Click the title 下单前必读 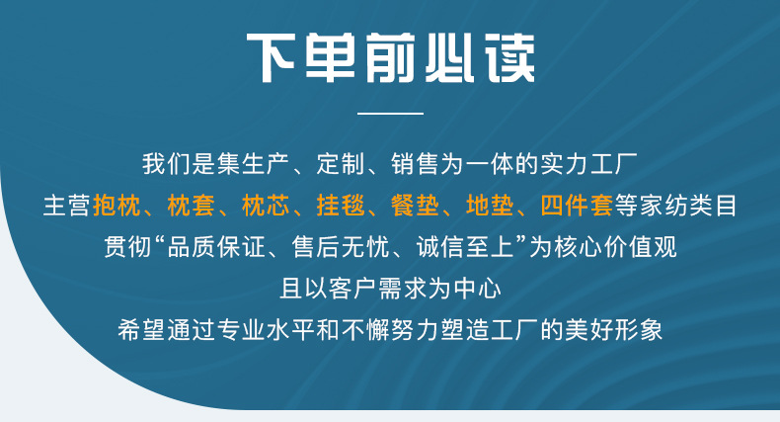click(x=391, y=58)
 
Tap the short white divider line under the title click(x=391, y=114)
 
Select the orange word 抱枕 click(x=117, y=206)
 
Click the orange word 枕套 click(x=191, y=206)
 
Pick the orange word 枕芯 click(x=266, y=206)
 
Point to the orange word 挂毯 click(x=341, y=206)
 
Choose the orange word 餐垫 click(x=416, y=206)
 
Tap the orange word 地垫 click(x=490, y=206)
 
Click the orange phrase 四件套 click(x=577, y=206)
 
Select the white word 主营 click(x=67, y=206)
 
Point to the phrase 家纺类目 click(x=688, y=206)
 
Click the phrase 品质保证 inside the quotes click(x=216, y=247)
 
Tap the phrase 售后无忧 click(x=341, y=247)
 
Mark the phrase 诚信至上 click(x=465, y=247)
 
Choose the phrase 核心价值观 click(x=616, y=247)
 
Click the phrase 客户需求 click(x=378, y=289)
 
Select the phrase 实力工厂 click(x=589, y=164)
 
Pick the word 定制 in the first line click(x=341, y=164)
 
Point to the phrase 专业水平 click(x=266, y=329)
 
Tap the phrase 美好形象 click(x=614, y=329)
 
